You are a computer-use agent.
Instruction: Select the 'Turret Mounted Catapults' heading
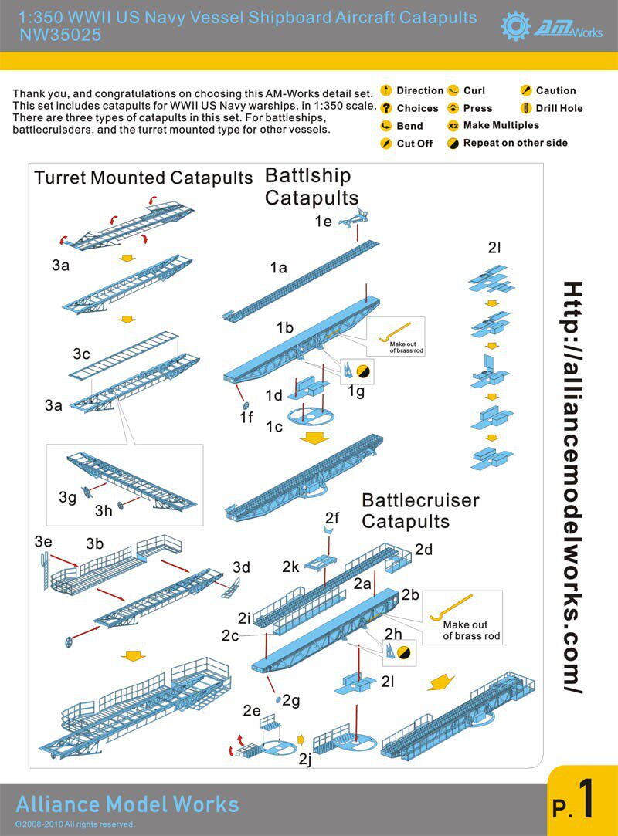(x=144, y=178)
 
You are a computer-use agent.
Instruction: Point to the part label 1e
(x=324, y=221)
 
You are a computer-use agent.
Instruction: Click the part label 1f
(x=246, y=418)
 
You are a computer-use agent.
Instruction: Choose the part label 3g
(x=67, y=498)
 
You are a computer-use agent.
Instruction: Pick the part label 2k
(x=290, y=567)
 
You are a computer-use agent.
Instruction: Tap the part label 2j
(x=307, y=760)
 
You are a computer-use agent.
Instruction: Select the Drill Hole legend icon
(x=528, y=108)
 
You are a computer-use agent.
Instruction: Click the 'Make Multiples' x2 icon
(x=453, y=125)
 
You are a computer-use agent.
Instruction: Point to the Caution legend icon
(x=526, y=90)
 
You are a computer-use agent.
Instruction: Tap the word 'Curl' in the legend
(x=474, y=90)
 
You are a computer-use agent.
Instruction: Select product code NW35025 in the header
(x=60, y=35)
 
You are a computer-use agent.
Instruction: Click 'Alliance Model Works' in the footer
(x=127, y=804)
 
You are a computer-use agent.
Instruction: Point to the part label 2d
(x=424, y=549)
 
